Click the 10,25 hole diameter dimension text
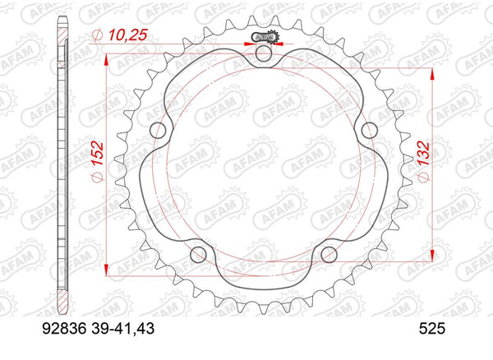(121, 33)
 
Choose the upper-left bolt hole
(161, 129)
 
